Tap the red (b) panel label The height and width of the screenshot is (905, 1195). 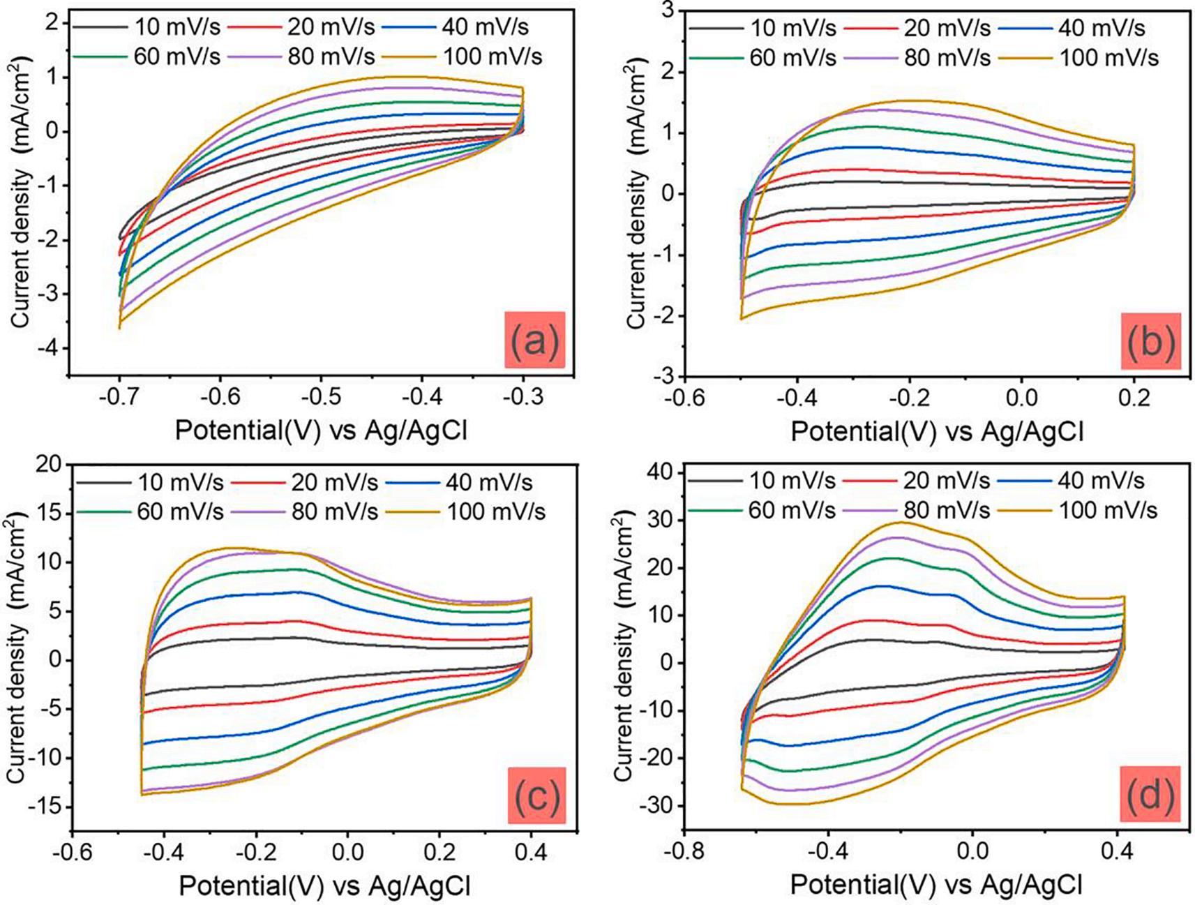click(1150, 341)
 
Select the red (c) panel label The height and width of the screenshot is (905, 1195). click(536, 795)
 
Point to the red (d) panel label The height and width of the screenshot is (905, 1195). click(1150, 794)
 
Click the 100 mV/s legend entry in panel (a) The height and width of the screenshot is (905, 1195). click(493, 57)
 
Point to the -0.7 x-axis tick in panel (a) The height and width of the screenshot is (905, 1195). click(120, 397)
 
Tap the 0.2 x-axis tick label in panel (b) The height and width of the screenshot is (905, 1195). click(1134, 398)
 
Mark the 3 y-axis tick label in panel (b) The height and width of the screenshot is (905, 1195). click(668, 10)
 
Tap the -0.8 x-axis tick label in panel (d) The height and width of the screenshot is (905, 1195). click(683, 852)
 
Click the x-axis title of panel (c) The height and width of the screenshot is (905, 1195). click(324, 885)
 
